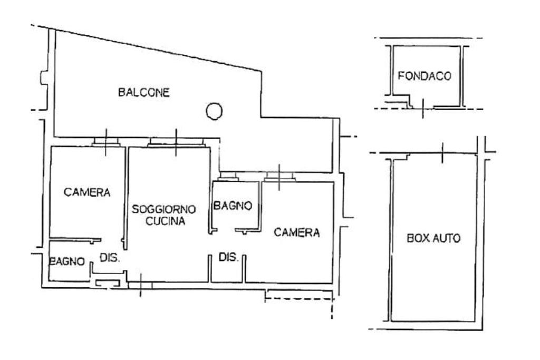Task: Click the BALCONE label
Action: click(x=144, y=92)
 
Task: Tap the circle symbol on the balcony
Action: click(x=214, y=111)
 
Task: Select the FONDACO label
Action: click(x=425, y=76)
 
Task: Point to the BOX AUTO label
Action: click(x=433, y=238)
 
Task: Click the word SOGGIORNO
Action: click(x=164, y=209)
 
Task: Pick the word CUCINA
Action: click(x=165, y=221)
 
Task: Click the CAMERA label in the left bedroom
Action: click(x=87, y=192)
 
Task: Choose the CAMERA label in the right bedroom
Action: click(x=296, y=232)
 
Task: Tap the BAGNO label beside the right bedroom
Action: click(x=233, y=206)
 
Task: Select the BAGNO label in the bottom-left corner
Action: click(x=67, y=261)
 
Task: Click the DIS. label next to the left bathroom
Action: click(x=110, y=258)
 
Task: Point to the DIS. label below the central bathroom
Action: click(x=228, y=257)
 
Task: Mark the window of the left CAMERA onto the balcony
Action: click(x=106, y=142)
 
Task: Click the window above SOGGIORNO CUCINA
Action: click(x=176, y=142)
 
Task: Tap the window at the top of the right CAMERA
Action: click(x=279, y=177)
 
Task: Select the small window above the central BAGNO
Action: click(x=229, y=176)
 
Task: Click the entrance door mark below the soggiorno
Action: click(x=140, y=285)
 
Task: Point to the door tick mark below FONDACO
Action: click(x=423, y=108)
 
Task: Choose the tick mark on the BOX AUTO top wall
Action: click(x=442, y=152)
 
